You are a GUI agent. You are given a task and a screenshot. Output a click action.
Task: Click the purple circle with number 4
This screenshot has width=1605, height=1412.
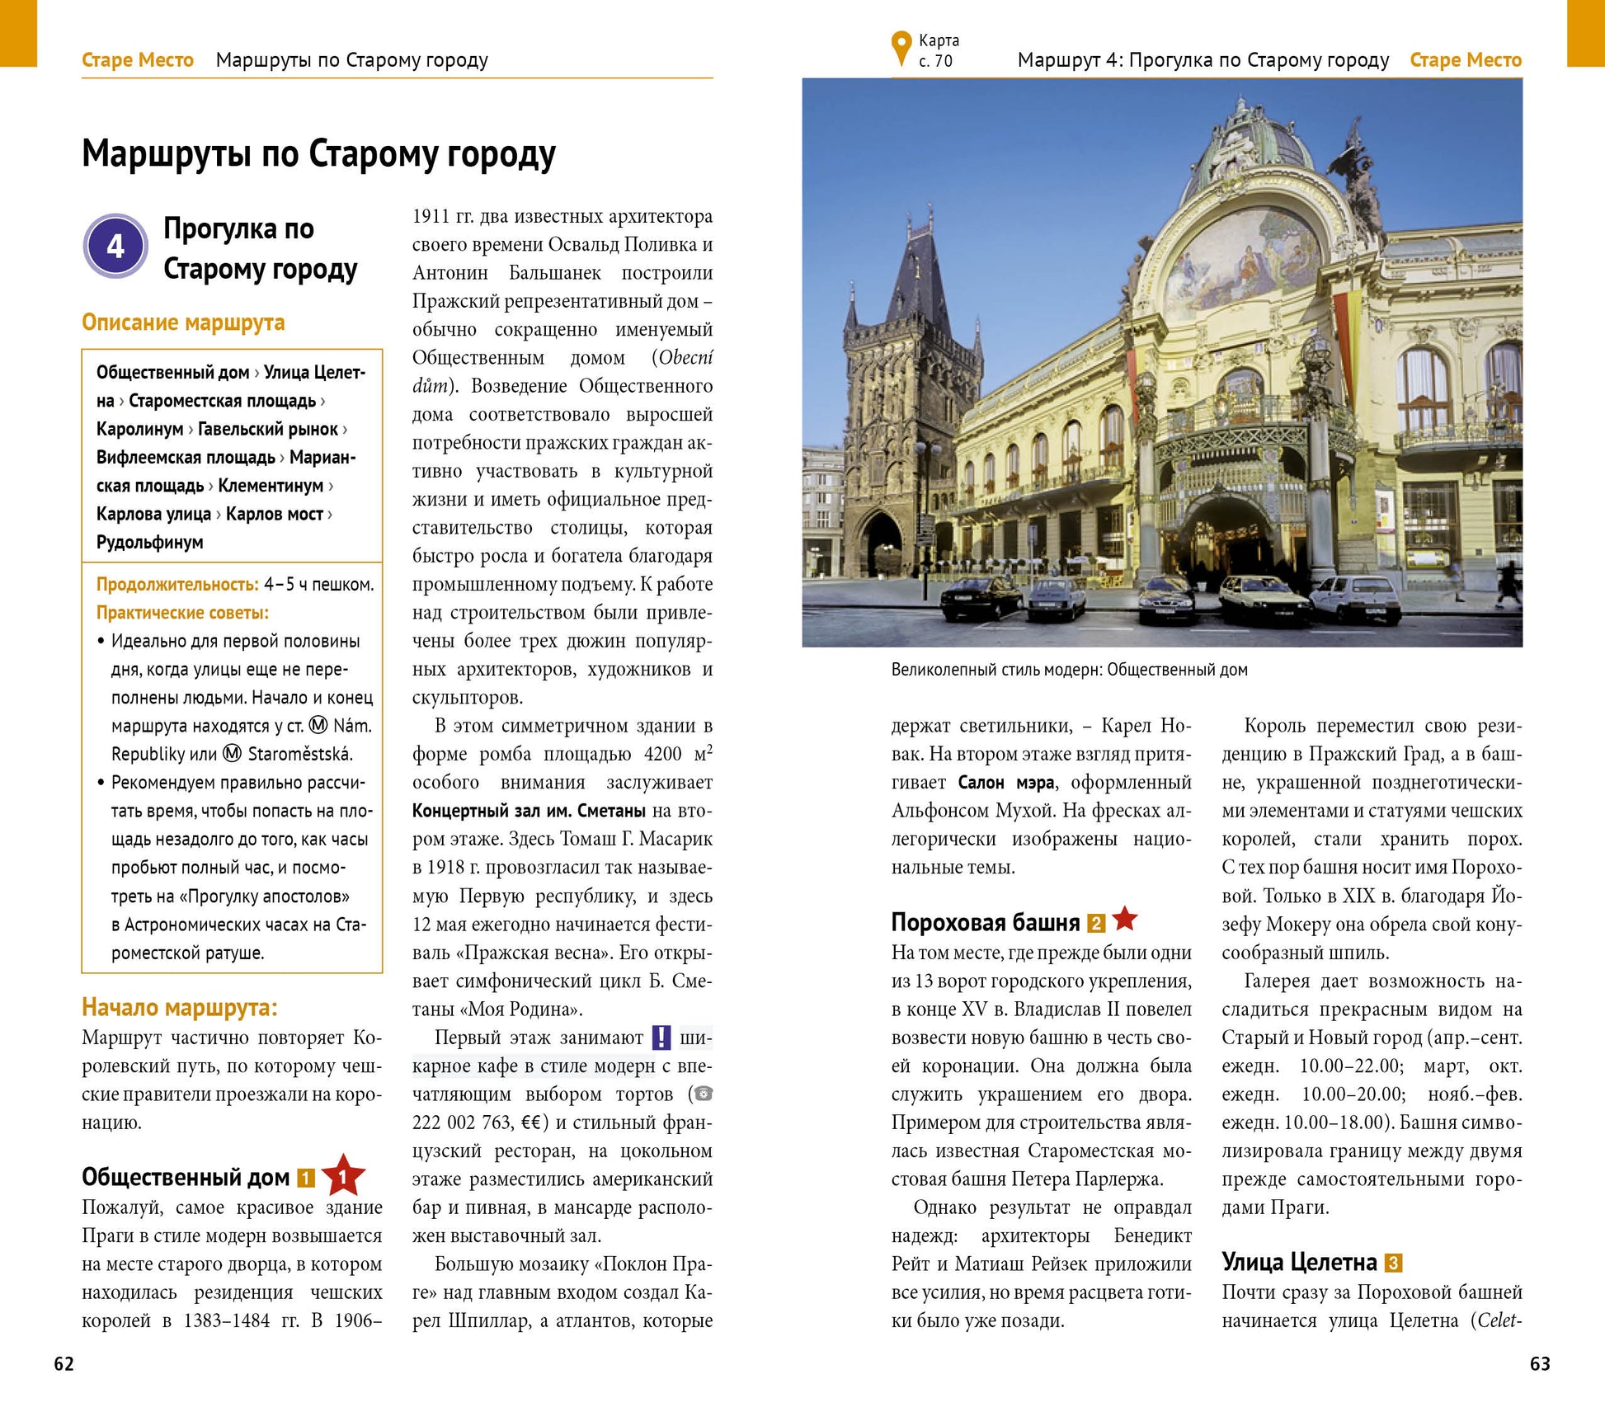[x=115, y=246]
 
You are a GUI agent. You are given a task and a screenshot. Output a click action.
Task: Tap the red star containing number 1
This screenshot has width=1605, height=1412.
[x=342, y=1176]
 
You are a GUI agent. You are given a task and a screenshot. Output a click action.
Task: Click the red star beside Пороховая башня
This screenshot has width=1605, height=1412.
[x=1124, y=919]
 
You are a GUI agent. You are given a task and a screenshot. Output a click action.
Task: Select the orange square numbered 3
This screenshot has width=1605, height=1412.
[x=1393, y=1263]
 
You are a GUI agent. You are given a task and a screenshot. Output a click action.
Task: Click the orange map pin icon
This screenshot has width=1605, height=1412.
[x=901, y=49]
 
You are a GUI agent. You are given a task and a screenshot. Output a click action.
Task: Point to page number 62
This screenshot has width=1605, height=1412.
[x=64, y=1364]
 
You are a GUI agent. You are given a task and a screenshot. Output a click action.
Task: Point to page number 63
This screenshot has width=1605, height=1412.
[x=1540, y=1364]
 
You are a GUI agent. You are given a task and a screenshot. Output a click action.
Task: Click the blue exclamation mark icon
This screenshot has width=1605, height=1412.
[x=661, y=1038]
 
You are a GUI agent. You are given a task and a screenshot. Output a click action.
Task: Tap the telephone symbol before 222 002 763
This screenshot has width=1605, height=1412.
[x=704, y=1094]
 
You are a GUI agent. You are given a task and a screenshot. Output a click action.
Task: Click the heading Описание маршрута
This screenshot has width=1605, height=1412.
[x=183, y=322]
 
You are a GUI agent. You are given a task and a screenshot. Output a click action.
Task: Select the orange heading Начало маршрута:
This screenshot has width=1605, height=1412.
[x=180, y=1007]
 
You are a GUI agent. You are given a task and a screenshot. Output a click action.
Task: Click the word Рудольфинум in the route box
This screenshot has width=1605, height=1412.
[x=149, y=542]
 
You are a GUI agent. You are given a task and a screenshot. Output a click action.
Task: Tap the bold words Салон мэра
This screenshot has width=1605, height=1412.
[x=1006, y=782]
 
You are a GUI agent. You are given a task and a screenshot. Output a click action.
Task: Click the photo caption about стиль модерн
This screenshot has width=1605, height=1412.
[x=1069, y=670]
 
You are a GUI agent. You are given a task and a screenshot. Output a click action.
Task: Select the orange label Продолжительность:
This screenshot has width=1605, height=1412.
[x=177, y=585]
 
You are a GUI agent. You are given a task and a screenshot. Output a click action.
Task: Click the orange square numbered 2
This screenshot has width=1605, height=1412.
[x=1095, y=924]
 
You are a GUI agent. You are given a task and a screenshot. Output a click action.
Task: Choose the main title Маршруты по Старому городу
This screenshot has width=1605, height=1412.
[x=318, y=153]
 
